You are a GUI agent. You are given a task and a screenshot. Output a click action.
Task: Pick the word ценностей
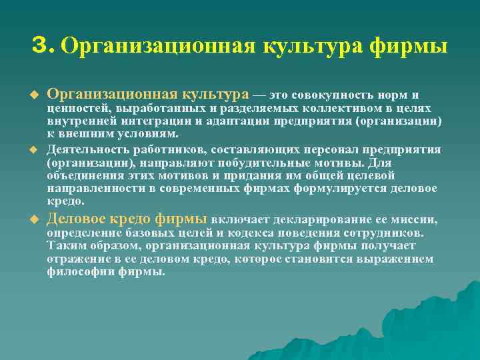click(79, 108)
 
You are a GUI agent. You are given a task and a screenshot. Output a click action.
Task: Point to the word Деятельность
click(87, 150)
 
